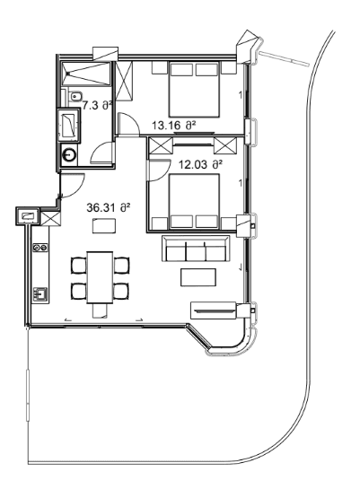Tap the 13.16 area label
pyautogui.click(x=173, y=126)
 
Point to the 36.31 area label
pyautogui.click(x=109, y=207)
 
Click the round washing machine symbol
pyautogui.click(x=70, y=154)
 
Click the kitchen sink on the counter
pyautogui.click(x=40, y=293)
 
